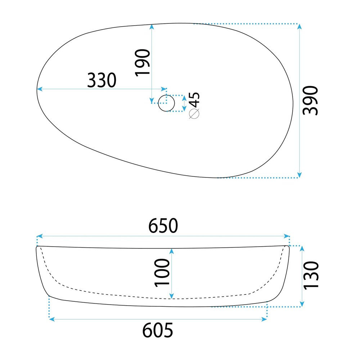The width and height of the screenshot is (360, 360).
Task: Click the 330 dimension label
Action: coord(102,80)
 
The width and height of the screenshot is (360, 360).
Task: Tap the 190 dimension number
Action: coord(143,62)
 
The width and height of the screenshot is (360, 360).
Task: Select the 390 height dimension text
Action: coord(310,100)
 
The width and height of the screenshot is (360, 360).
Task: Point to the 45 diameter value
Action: coord(194,100)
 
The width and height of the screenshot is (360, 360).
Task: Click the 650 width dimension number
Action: coord(163,226)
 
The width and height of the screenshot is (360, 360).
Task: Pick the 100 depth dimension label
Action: coord(162,273)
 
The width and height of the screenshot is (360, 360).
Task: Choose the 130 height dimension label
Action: coord(311,275)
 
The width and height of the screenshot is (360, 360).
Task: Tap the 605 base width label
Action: coord(158,330)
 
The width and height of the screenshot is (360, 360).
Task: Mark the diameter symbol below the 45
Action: coord(194,114)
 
